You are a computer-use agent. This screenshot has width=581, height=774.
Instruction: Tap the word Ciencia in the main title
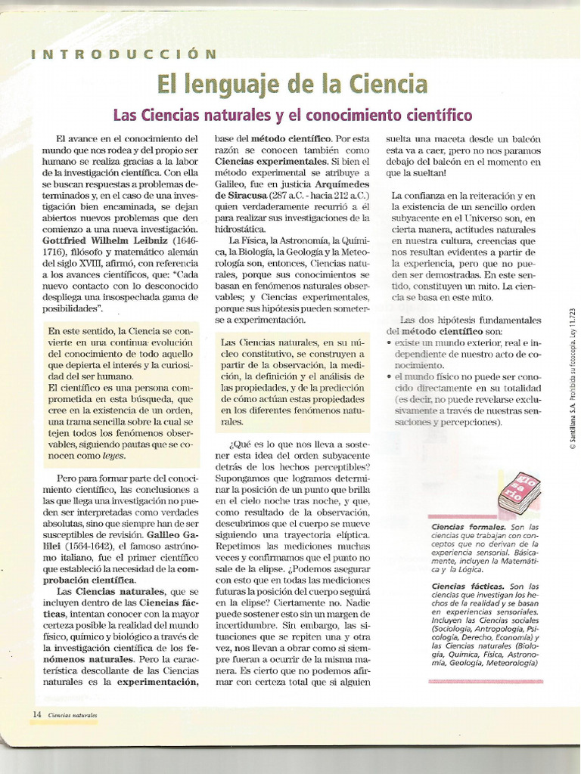click(386, 84)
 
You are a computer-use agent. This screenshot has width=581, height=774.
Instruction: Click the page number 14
click(36, 714)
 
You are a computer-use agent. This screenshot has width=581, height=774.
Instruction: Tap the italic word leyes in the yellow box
click(113, 457)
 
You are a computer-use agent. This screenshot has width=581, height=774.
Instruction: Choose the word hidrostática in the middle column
click(241, 229)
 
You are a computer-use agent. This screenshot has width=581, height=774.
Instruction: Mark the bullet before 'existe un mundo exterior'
click(389, 343)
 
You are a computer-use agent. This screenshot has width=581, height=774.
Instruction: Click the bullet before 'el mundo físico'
click(389, 376)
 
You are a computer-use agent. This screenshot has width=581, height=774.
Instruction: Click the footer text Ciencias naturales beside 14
click(73, 714)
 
